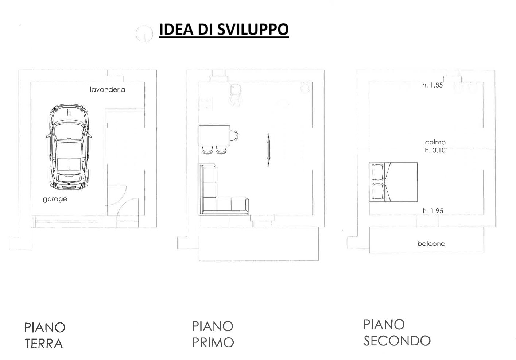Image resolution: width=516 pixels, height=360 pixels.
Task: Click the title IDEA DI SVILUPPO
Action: tap(224, 30)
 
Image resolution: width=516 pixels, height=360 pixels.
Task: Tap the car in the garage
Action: tap(69, 147)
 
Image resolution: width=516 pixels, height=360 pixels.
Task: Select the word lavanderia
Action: tap(107, 89)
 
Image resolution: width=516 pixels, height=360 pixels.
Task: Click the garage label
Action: tap(55, 199)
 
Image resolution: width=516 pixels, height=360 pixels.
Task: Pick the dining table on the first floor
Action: tap(214, 136)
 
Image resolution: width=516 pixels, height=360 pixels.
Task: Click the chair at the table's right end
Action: tap(234, 135)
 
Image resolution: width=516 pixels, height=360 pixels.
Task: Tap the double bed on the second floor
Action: tap(393, 182)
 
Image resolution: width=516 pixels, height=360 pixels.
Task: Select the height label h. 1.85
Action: tap(432, 85)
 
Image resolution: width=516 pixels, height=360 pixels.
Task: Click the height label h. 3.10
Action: tap(435, 150)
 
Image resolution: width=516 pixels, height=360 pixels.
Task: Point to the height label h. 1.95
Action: tap(433, 211)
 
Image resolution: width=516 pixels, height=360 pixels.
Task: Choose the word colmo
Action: tap(435, 142)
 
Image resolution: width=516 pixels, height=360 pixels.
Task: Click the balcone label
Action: tap(431, 244)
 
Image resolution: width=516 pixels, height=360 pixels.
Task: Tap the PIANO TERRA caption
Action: tap(44, 335)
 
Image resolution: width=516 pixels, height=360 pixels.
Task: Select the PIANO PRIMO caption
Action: tap(213, 334)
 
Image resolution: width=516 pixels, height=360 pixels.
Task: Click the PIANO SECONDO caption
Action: tap(397, 333)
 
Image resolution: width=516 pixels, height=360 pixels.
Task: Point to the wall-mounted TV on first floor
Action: tap(268, 150)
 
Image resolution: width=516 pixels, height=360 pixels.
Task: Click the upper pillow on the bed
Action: tap(378, 172)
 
